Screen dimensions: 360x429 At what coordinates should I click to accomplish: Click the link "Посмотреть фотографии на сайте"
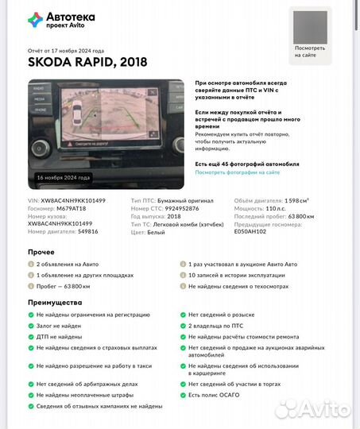(x=237, y=172)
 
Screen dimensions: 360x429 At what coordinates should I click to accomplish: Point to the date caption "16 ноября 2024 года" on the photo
(x=64, y=177)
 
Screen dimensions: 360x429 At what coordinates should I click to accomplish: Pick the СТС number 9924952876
(x=181, y=208)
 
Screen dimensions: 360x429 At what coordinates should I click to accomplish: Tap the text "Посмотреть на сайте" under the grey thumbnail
(x=309, y=52)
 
